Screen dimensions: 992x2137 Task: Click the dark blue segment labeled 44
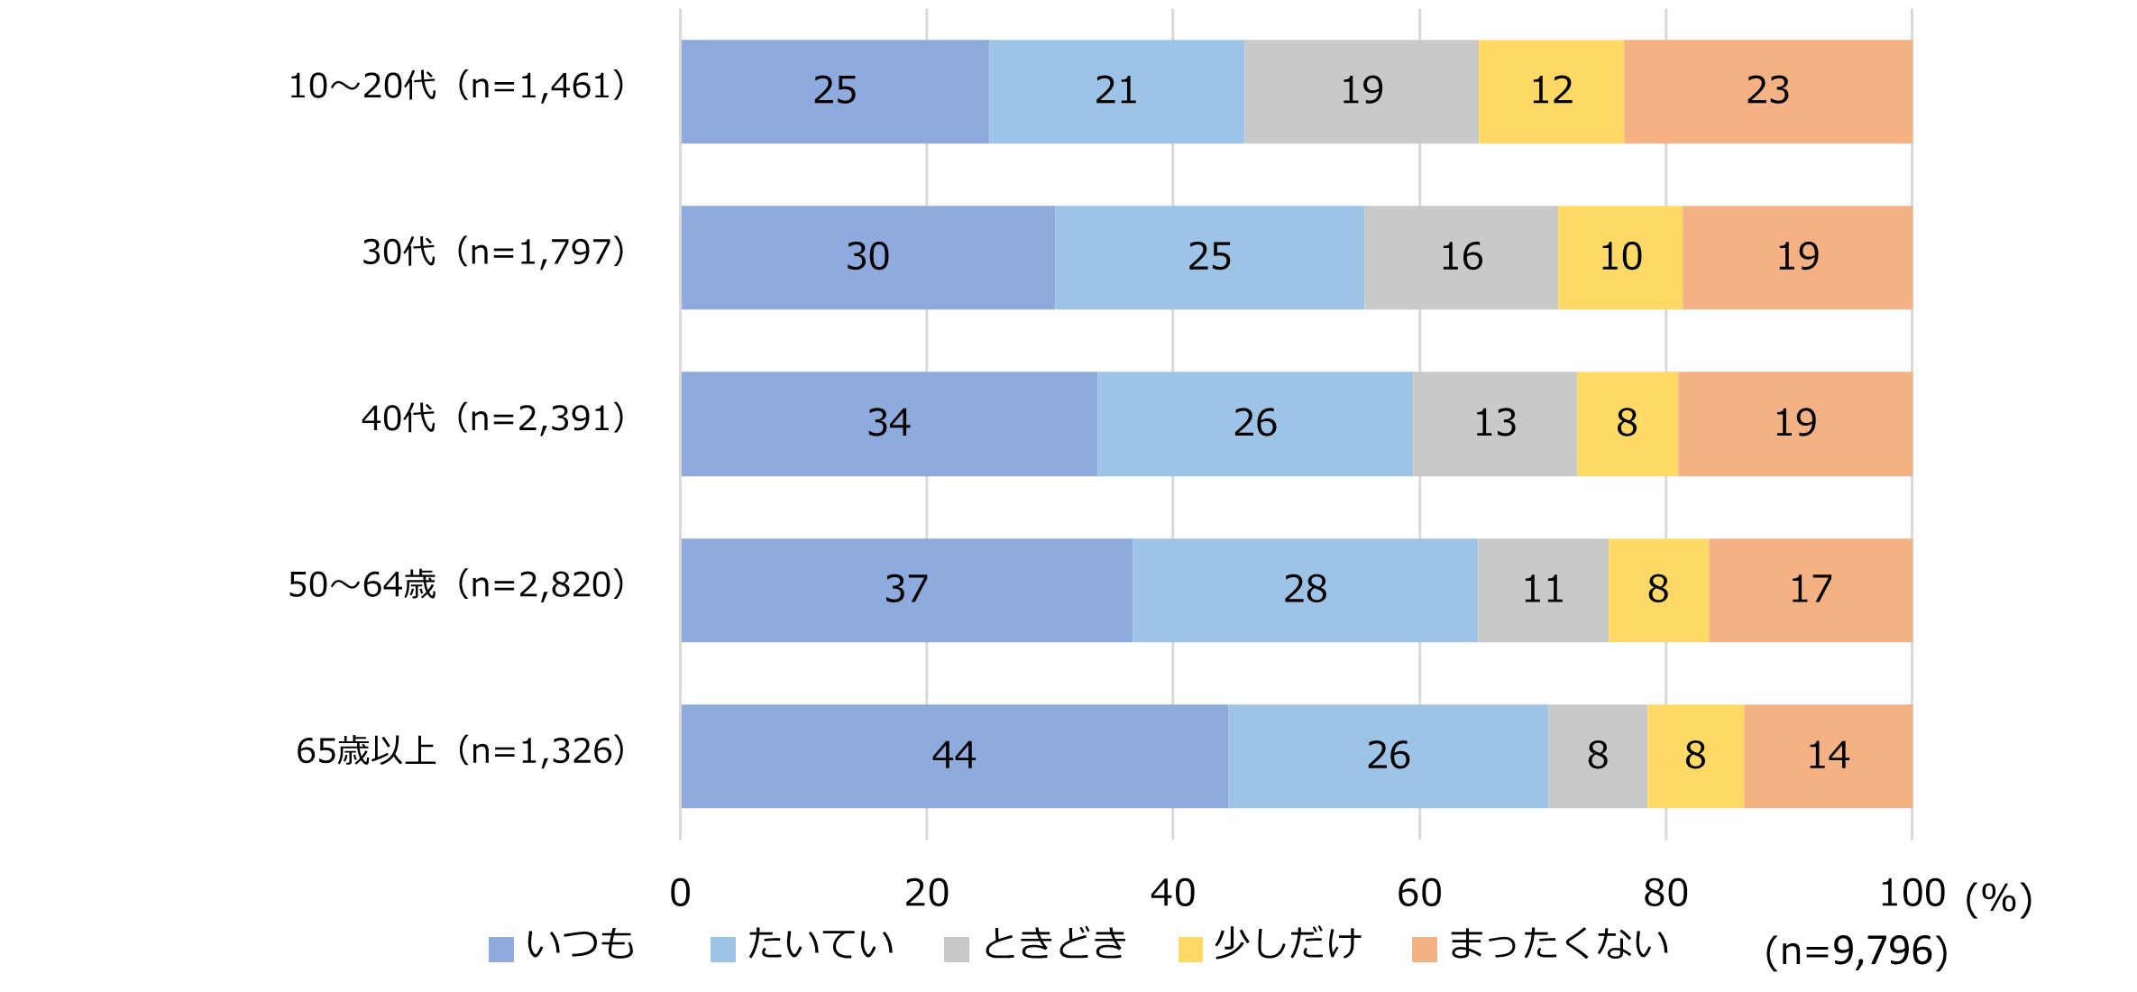click(x=954, y=756)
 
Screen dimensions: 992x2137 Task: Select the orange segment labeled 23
click(x=1767, y=91)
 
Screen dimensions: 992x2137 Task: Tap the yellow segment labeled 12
click(x=1551, y=91)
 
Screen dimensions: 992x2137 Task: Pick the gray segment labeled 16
click(x=1461, y=257)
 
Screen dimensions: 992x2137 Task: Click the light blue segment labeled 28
click(x=1305, y=590)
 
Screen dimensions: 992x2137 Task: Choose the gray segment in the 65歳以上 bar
click(x=1597, y=756)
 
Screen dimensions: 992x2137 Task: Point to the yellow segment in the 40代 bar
click(x=1627, y=423)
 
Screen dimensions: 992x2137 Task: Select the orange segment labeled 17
click(x=1811, y=590)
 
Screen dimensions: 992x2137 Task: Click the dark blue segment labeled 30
click(x=867, y=257)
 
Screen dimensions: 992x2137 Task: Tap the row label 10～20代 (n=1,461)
click(x=456, y=87)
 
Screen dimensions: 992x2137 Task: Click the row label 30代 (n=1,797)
click(x=493, y=253)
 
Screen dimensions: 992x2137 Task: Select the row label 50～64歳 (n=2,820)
click(x=456, y=585)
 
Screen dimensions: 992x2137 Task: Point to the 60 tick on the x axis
click(x=1419, y=893)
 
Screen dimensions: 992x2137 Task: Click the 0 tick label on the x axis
click(x=680, y=893)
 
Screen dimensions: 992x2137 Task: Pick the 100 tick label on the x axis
click(x=1912, y=893)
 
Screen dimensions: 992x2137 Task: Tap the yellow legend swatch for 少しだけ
click(x=1190, y=950)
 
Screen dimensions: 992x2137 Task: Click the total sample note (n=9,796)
click(x=1856, y=951)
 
